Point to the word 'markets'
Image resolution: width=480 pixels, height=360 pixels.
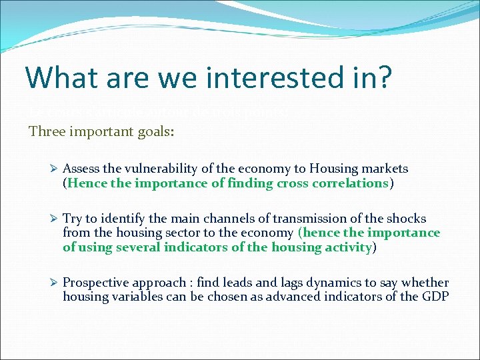384,169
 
